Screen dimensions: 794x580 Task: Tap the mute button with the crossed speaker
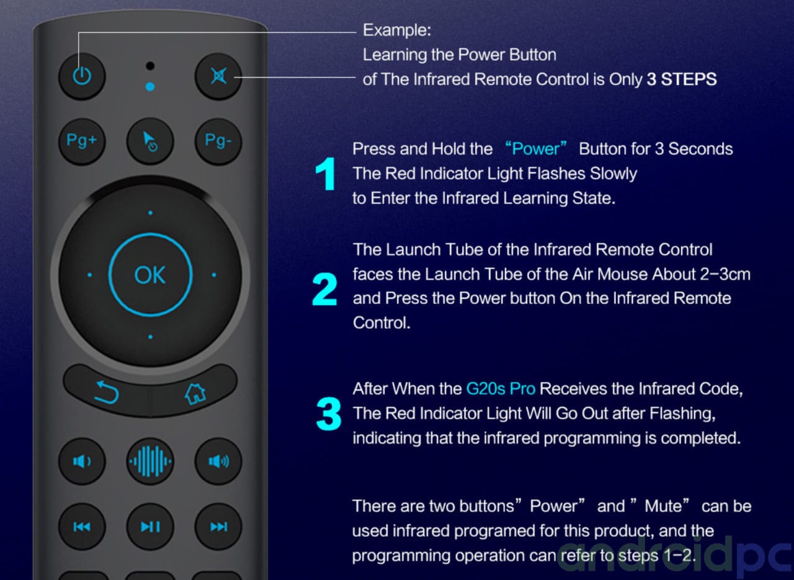[218, 76]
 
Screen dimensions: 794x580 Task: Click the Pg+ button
[82, 141]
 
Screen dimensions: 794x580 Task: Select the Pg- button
[218, 141]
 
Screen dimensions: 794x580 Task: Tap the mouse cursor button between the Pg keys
[150, 141]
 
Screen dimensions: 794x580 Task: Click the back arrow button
[106, 391]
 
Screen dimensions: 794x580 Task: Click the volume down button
[82, 462]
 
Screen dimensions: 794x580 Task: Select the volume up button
[218, 462]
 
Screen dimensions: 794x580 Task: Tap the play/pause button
[150, 527]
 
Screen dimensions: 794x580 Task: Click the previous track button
[82, 527]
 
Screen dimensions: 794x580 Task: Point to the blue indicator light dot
[150, 86]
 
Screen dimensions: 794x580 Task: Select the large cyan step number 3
[329, 414]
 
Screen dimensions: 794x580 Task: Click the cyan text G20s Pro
[501, 389]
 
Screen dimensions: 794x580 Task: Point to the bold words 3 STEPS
[682, 79]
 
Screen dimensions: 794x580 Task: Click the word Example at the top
[397, 30]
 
